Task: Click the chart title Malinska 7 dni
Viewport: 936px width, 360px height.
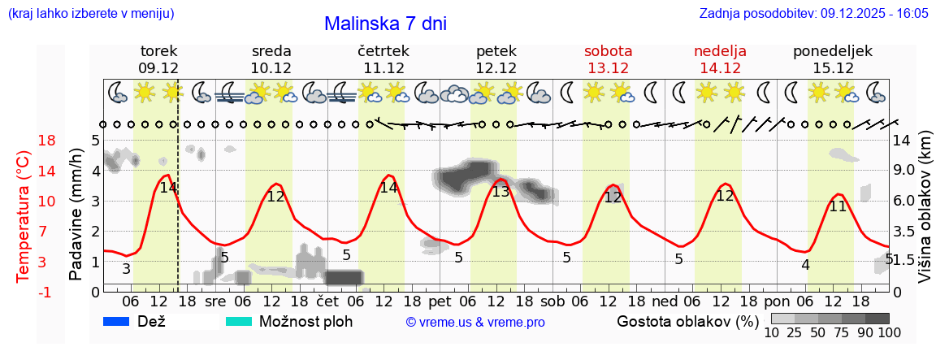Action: [385, 24]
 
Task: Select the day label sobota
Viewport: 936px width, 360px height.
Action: [608, 51]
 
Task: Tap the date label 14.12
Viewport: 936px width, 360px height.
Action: [720, 68]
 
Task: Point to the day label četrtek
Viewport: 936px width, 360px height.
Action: [383, 51]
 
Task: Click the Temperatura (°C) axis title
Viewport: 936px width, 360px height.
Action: [24, 216]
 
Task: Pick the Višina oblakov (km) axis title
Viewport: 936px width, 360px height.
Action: [925, 215]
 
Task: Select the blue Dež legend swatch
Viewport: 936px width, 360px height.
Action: [117, 322]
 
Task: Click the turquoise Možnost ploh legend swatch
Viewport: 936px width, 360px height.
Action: [239, 322]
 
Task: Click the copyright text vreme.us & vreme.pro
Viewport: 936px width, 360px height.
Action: [475, 323]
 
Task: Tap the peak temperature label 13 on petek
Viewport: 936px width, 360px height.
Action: [500, 192]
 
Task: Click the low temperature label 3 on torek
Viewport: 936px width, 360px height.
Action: [126, 269]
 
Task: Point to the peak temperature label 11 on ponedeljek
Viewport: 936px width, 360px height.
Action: [837, 206]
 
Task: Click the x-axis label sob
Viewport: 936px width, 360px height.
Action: [552, 301]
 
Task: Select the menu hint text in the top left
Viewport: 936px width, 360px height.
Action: [91, 14]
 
